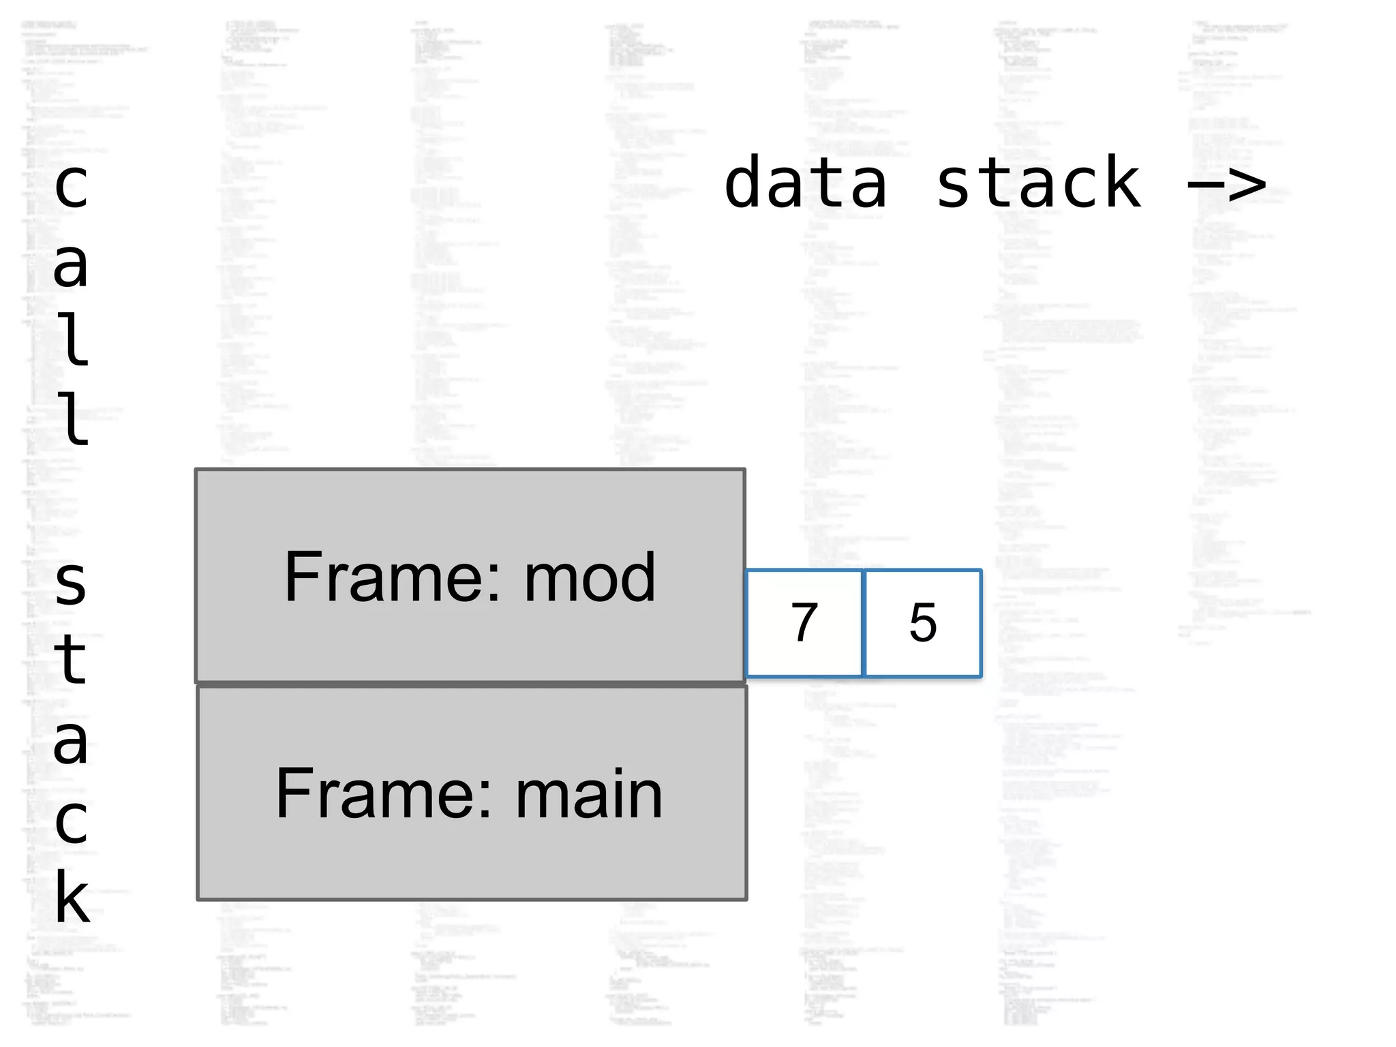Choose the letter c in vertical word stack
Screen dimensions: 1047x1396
[72, 821]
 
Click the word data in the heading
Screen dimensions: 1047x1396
[806, 183]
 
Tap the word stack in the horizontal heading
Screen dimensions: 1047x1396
[1038, 183]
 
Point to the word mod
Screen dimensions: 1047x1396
[590, 577]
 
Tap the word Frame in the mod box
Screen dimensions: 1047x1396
[385, 577]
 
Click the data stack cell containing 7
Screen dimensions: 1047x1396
[804, 623]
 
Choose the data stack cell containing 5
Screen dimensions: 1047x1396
[923, 623]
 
